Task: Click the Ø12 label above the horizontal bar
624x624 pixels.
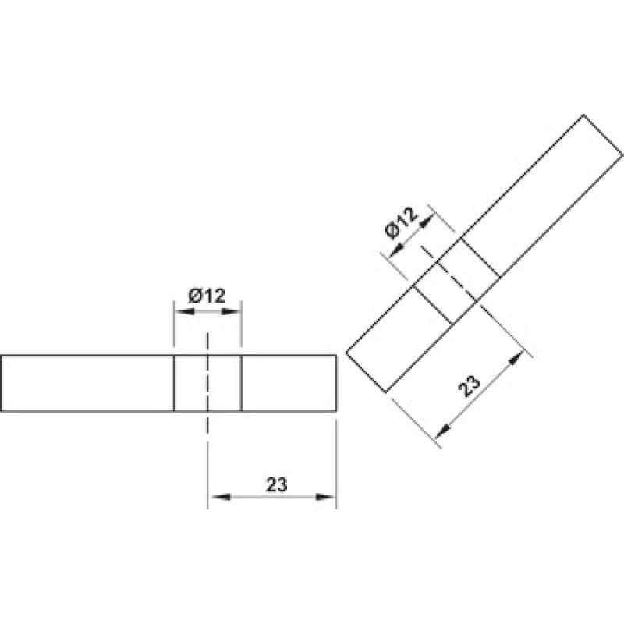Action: click(x=207, y=296)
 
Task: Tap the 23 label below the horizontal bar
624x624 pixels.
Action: click(x=277, y=484)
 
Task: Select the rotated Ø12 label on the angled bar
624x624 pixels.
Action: click(x=402, y=223)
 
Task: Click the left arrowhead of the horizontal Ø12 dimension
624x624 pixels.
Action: click(x=184, y=311)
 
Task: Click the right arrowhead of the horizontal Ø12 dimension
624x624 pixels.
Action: click(x=232, y=311)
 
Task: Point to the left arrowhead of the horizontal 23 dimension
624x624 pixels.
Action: click(x=220, y=497)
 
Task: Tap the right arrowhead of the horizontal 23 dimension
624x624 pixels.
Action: click(x=325, y=497)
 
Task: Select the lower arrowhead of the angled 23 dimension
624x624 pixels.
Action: click(x=444, y=431)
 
